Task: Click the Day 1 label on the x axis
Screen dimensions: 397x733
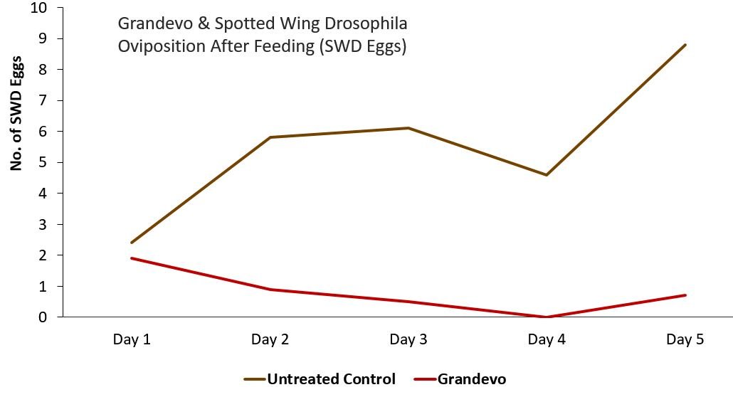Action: click(x=132, y=339)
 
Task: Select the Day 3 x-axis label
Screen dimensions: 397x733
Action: click(x=408, y=339)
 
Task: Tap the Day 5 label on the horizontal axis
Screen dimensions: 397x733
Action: click(x=685, y=339)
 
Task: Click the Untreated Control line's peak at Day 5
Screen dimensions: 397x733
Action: click(x=685, y=45)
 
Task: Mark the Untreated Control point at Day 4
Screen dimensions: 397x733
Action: click(x=547, y=174)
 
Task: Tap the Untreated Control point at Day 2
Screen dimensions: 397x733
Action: click(x=270, y=137)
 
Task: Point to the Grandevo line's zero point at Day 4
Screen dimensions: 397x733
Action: click(x=547, y=317)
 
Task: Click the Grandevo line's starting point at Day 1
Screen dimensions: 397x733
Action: click(x=132, y=258)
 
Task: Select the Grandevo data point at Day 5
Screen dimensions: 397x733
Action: click(x=685, y=295)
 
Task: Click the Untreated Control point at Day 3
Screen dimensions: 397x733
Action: click(x=408, y=128)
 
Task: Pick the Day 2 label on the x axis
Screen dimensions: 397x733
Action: click(x=270, y=339)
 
